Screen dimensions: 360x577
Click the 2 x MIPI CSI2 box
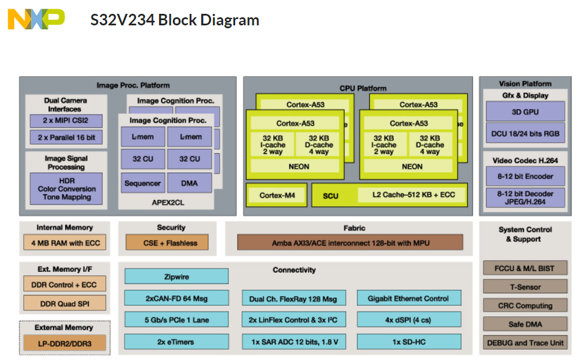pos(66,121)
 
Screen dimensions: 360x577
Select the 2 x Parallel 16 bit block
pos(66,138)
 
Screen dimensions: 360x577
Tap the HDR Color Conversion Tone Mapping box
pos(66,189)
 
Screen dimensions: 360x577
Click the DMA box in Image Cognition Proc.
pos(190,183)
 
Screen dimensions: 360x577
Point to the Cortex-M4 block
pos(277,195)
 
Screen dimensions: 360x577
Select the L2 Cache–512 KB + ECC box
pos(413,195)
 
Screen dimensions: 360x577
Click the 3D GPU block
pos(525,112)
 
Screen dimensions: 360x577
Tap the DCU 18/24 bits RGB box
pos(525,134)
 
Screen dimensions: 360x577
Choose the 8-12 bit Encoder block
pos(525,176)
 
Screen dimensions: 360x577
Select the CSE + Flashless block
pos(167,242)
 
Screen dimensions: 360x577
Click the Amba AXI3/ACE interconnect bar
pos(350,242)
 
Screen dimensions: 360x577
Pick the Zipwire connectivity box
pos(176,276)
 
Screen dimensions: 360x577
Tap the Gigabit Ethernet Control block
pos(409,298)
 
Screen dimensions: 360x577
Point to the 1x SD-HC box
pos(409,342)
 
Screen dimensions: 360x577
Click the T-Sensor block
pos(525,286)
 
